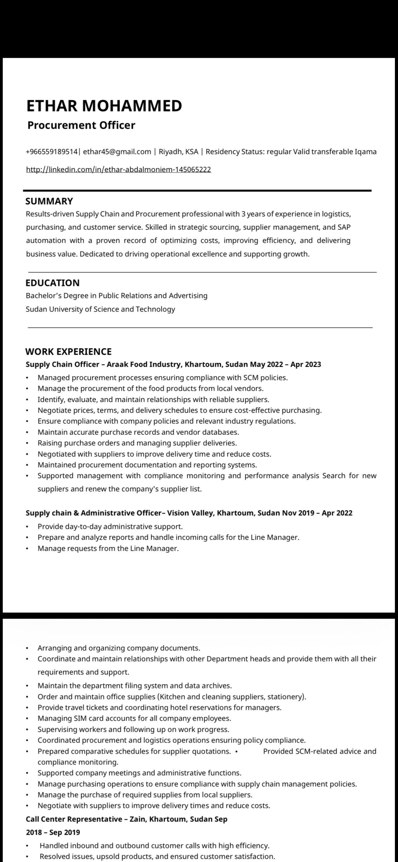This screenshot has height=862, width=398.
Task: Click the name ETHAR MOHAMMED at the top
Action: [x=104, y=106]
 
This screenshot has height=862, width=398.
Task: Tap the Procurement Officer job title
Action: [x=81, y=125]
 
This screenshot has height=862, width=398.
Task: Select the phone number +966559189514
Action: [x=52, y=152]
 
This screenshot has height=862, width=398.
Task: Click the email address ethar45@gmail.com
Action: [x=117, y=152]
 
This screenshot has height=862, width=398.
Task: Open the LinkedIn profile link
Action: [x=118, y=169]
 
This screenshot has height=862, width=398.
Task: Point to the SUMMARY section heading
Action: [x=49, y=201]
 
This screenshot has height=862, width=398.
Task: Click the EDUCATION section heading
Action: [x=52, y=283]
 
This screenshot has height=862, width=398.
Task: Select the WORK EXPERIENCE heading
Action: [x=68, y=352]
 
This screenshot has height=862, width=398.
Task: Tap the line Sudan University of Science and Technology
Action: [x=100, y=309]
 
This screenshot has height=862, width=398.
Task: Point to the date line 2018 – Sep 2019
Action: [x=53, y=832]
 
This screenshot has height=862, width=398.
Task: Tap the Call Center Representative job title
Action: [x=74, y=819]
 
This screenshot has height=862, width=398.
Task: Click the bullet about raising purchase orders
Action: [x=137, y=443]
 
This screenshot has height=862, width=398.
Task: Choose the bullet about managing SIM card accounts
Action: [x=134, y=718]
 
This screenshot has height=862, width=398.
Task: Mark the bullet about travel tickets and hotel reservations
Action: [x=159, y=707]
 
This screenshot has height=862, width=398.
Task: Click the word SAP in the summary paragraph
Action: [x=344, y=227]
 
